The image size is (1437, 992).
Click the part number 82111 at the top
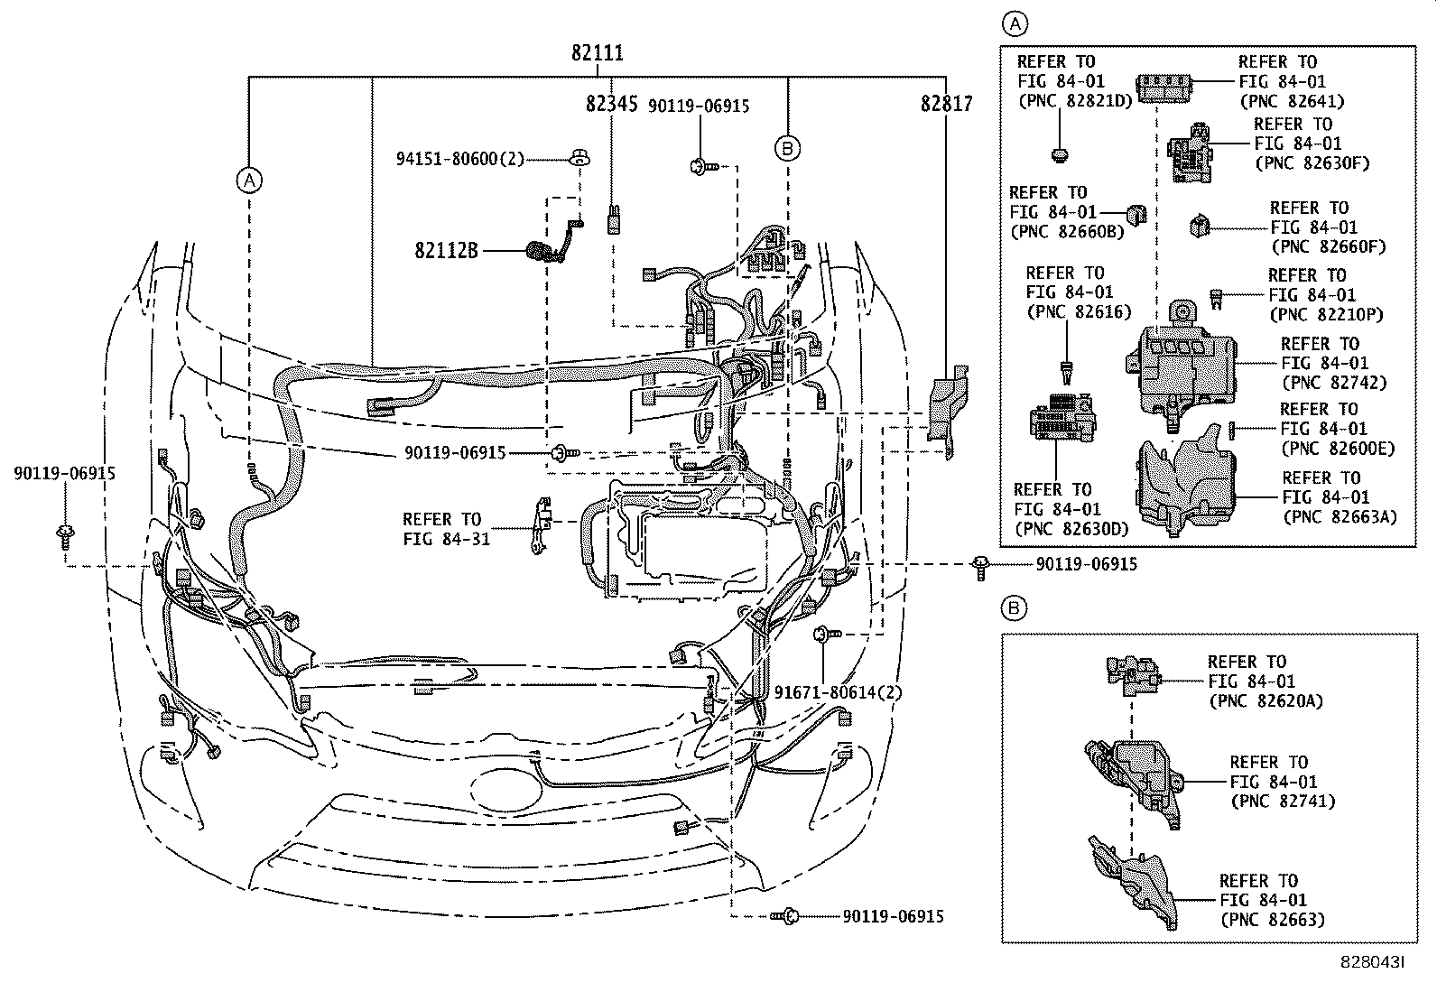597,54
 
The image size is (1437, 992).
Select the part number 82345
612,105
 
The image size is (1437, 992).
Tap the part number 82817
946,105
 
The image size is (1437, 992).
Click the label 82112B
446,250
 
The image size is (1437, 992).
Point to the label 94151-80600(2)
460,159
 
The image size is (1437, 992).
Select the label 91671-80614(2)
839,692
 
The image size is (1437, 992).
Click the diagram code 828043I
1372,963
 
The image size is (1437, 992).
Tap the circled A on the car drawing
249,181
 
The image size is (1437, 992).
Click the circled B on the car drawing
787,147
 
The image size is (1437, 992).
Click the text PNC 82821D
1074,101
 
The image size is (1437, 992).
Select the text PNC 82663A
1340,517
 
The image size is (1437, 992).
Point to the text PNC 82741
1282,802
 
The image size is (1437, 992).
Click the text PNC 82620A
1265,701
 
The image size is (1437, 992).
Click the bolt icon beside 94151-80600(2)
579,160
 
